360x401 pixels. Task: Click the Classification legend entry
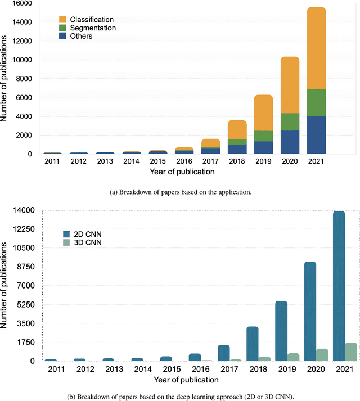91,20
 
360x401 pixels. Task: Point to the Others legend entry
82,37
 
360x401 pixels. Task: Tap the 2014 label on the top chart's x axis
132,161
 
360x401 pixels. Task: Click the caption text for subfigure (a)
180,192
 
